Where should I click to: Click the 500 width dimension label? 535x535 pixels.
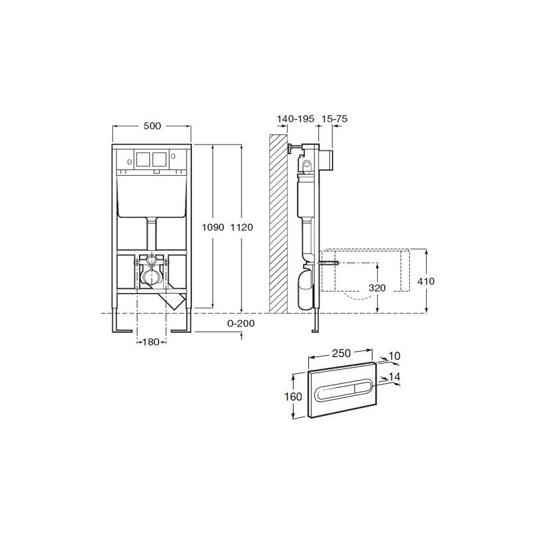point(152,126)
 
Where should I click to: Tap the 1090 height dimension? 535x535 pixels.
point(213,227)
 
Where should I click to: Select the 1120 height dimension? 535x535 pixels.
point(242,227)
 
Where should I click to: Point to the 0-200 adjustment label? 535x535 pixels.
point(241,323)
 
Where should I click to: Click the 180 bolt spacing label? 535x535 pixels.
point(151,342)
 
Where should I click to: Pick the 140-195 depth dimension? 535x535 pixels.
point(296,119)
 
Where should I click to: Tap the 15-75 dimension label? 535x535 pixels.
point(335,119)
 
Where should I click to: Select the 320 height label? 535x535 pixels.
point(377,288)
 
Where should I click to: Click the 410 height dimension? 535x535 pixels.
point(426,281)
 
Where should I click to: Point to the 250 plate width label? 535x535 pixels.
point(341,353)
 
